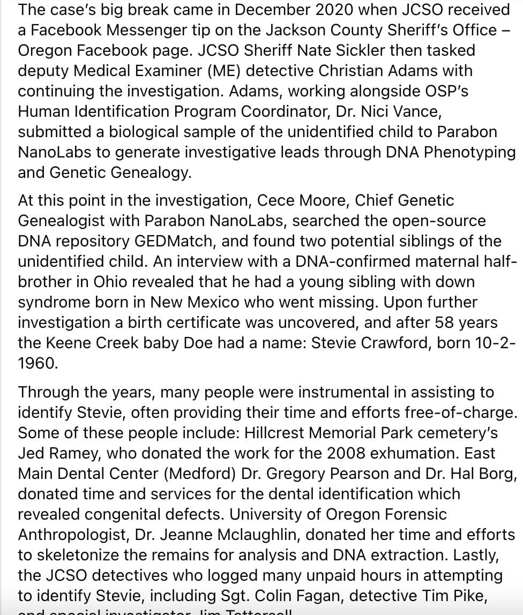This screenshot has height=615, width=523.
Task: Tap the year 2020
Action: tap(332, 9)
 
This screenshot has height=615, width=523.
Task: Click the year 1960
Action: tap(37, 363)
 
